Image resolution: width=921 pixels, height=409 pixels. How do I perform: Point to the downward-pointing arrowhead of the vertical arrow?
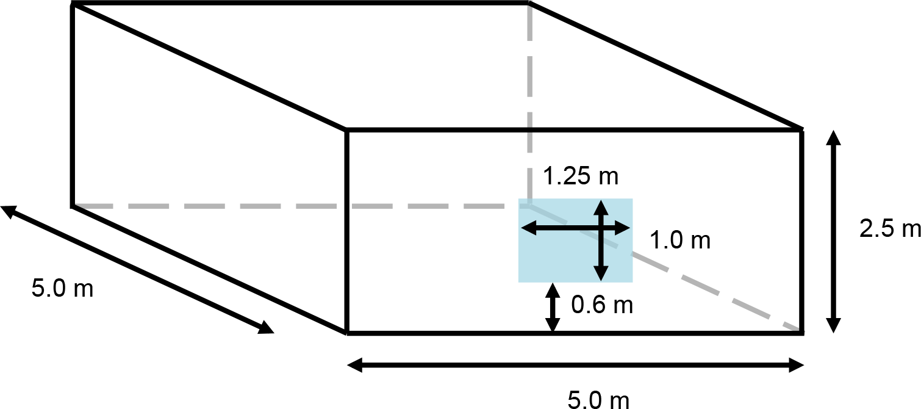point(601,275)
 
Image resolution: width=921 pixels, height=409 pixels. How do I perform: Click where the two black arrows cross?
point(601,228)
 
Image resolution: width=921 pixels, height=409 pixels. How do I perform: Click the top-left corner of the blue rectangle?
point(518,199)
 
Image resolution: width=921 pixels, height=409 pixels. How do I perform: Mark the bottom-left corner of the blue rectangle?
point(518,282)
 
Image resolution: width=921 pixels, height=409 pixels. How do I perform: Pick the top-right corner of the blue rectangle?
point(633,199)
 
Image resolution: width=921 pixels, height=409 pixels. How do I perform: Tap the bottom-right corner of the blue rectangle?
point(633,282)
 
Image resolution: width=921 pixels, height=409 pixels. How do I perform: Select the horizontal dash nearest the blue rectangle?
point(484,206)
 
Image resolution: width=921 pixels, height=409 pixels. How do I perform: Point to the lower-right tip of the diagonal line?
point(803,331)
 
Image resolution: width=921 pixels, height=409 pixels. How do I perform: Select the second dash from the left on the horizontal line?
point(149,206)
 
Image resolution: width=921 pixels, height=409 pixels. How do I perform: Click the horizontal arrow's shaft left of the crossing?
point(561,228)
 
